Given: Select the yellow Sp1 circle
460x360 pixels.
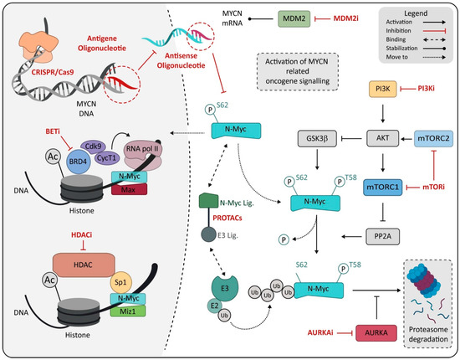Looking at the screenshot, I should pos(142,284).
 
